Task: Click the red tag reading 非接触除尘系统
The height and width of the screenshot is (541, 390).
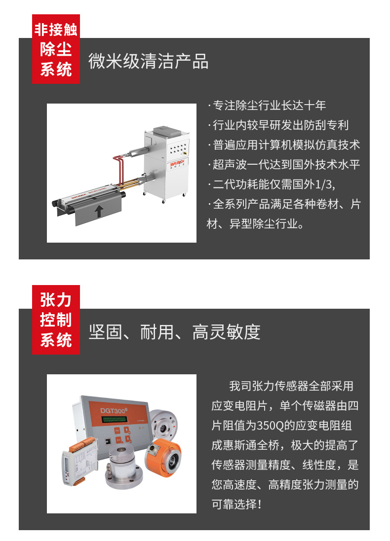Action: (56, 50)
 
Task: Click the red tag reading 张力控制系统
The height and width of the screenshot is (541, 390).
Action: (56, 320)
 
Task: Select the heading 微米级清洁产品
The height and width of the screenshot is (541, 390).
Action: (148, 62)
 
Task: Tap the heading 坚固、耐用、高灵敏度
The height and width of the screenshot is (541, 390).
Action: (174, 332)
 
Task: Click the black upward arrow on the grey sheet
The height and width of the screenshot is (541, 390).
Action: (99, 212)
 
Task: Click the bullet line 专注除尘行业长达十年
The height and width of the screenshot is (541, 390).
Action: (267, 106)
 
